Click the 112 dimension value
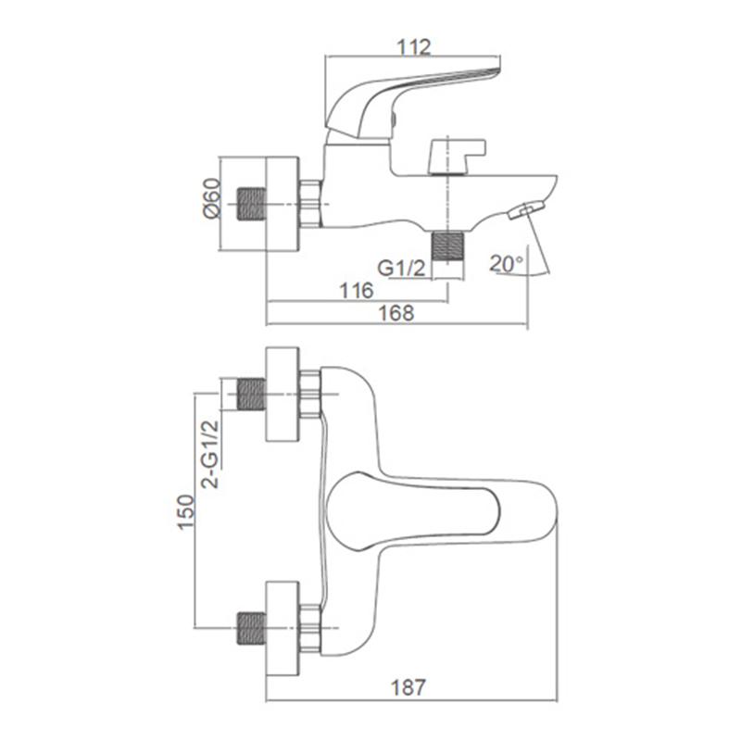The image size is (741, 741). (414, 47)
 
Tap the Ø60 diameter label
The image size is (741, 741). (212, 198)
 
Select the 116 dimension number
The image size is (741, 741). (357, 291)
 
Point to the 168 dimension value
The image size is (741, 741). (397, 313)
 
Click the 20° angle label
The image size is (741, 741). (507, 264)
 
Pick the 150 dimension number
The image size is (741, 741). (186, 512)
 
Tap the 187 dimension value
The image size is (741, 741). (408, 687)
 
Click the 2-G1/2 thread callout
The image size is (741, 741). (210, 454)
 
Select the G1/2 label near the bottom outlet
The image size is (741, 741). (401, 269)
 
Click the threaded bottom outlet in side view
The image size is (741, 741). (448, 245)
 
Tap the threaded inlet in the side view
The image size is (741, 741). (251, 204)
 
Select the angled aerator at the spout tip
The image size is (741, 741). (525, 210)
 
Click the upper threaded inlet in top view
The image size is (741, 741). (251, 394)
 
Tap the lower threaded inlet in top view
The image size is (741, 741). (251, 629)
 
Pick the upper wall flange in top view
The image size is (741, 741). (283, 395)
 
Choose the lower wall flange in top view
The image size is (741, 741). (283, 629)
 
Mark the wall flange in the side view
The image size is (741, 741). (283, 204)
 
